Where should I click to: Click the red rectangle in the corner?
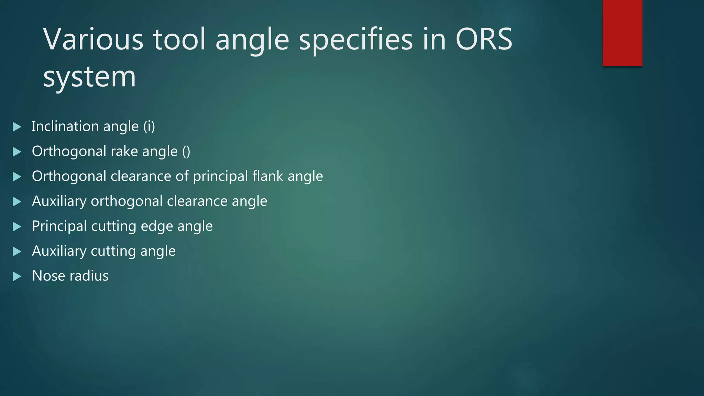pyautogui.click(x=622, y=33)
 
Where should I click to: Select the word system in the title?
pyautogui.click(x=89, y=77)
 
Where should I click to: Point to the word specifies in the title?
pyautogui.click(x=355, y=40)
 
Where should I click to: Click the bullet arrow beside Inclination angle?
pyautogui.click(x=17, y=127)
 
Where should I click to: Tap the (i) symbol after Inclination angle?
pyautogui.click(x=149, y=126)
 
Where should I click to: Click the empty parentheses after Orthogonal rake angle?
pyautogui.click(x=186, y=152)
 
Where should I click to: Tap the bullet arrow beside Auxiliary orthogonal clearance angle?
pyautogui.click(x=17, y=201)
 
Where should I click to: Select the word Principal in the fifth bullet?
pyautogui.click(x=59, y=227)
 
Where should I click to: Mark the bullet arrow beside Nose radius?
pyautogui.click(x=17, y=276)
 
